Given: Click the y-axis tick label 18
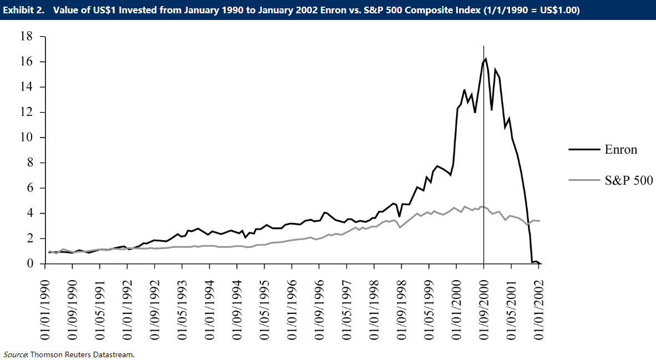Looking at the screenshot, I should pos(26,37).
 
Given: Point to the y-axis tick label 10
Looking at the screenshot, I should pos(26,138).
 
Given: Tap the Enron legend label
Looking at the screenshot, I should pos(621,149).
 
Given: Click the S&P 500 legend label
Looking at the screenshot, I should pos(629,180).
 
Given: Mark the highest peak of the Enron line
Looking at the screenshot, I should pos(486,59).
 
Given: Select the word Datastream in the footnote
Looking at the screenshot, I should pos(114,354).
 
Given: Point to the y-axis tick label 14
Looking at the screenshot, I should pos(26,87).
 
